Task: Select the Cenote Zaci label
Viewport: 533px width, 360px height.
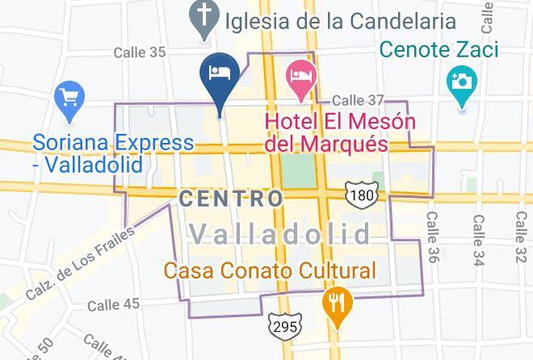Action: point(440,50)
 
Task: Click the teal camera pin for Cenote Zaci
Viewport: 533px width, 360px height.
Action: point(462,83)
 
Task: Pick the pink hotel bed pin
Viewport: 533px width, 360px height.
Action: point(300,77)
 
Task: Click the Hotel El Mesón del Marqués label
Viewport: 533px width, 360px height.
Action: point(340,133)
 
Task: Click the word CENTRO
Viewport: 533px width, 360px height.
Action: point(231,198)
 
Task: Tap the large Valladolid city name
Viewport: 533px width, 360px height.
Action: point(280,234)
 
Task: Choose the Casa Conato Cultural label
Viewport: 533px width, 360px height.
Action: point(271,270)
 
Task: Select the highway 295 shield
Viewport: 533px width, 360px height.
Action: point(285,324)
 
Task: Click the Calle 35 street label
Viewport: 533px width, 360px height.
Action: point(139,52)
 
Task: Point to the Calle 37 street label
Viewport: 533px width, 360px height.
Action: point(358,99)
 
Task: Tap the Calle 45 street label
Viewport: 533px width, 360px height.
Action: point(113,304)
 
